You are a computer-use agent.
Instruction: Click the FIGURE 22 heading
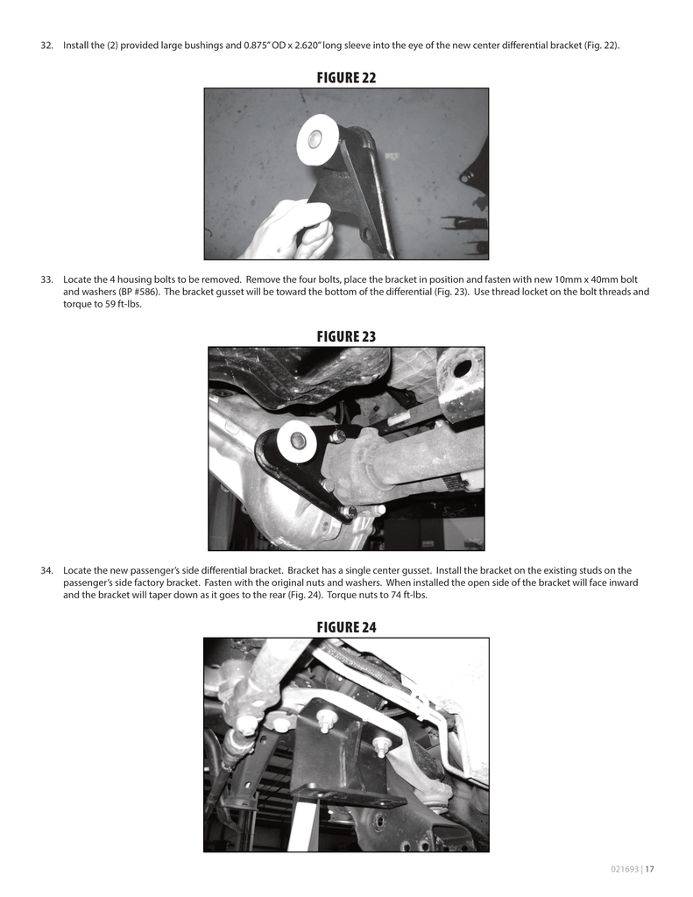pyautogui.click(x=346, y=77)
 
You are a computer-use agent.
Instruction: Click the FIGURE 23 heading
pyautogui.click(x=346, y=336)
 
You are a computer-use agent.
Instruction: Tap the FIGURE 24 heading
pyautogui.click(x=346, y=627)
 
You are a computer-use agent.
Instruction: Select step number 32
pyautogui.click(x=47, y=46)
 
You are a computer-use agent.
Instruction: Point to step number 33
pyautogui.click(x=47, y=279)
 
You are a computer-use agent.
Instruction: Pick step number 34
pyautogui.click(x=47, y=570)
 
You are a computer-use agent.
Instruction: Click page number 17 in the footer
pyautogui.click(x=649, y=869)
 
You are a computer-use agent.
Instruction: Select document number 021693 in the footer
pyautogui.click(x=625, y=869)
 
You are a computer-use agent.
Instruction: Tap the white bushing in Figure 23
pyautogui.click(x=297, y=442)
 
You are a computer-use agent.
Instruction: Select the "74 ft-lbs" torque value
pyautogui.click(x=407, y=595)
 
